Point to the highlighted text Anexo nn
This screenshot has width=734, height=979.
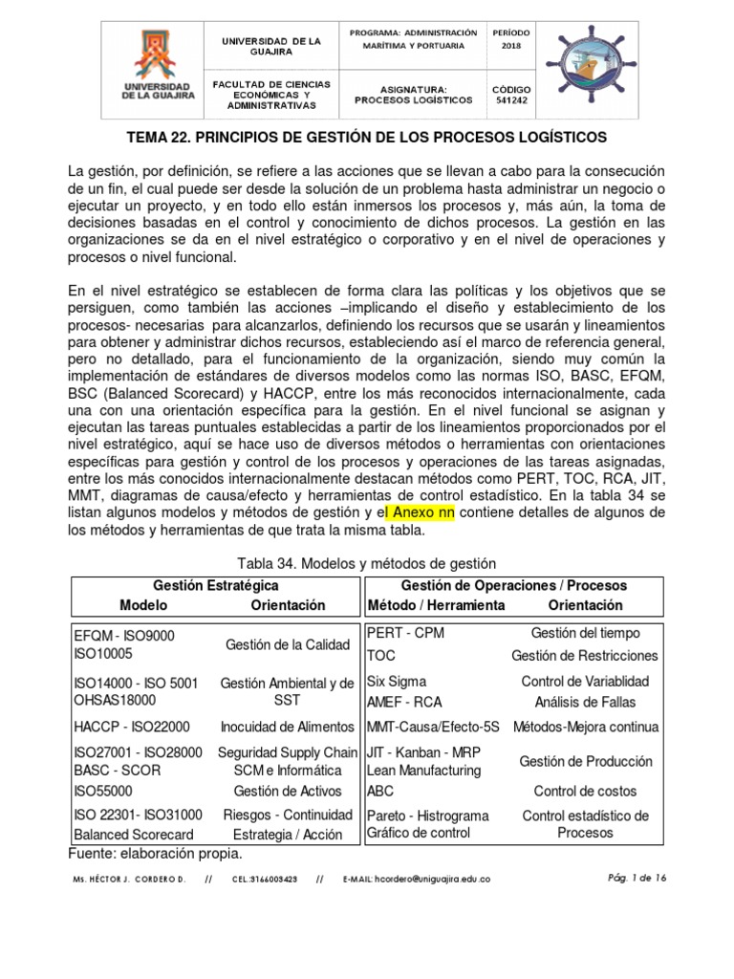(x=419, y=512)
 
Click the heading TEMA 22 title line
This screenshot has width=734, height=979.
(x=367, y=137)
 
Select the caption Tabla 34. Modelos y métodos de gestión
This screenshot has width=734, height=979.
(x=366, y=564)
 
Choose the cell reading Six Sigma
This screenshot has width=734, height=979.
(x=397, y=682)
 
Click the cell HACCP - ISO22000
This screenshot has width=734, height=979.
(x=132, y=728)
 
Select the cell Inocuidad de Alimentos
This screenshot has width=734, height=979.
(x=287, y=728)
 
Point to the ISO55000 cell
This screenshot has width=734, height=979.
(x=103, y=792)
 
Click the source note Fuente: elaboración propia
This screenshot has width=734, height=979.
(x=155, y=853)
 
